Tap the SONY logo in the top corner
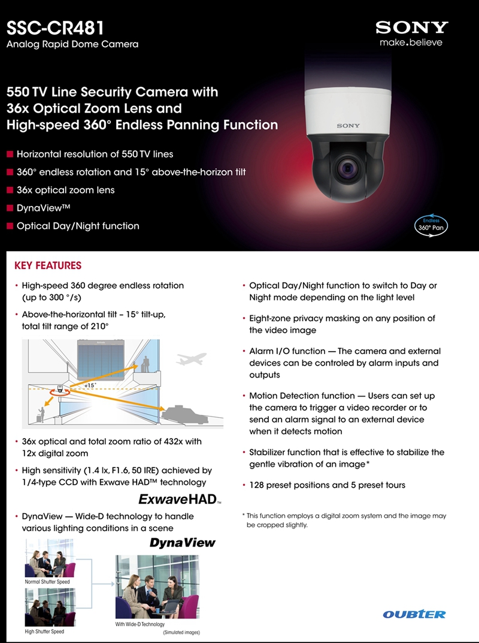(411, 27)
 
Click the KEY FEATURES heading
(47, 265)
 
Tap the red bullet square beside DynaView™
(9, 208)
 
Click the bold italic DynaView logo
(182, 543)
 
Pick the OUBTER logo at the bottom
(414, 614)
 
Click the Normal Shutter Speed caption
(47, 582)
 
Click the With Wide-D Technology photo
(157, 587)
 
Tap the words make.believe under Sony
(411, 42)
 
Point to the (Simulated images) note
(181, 632)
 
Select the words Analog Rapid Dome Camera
(72, 44)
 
